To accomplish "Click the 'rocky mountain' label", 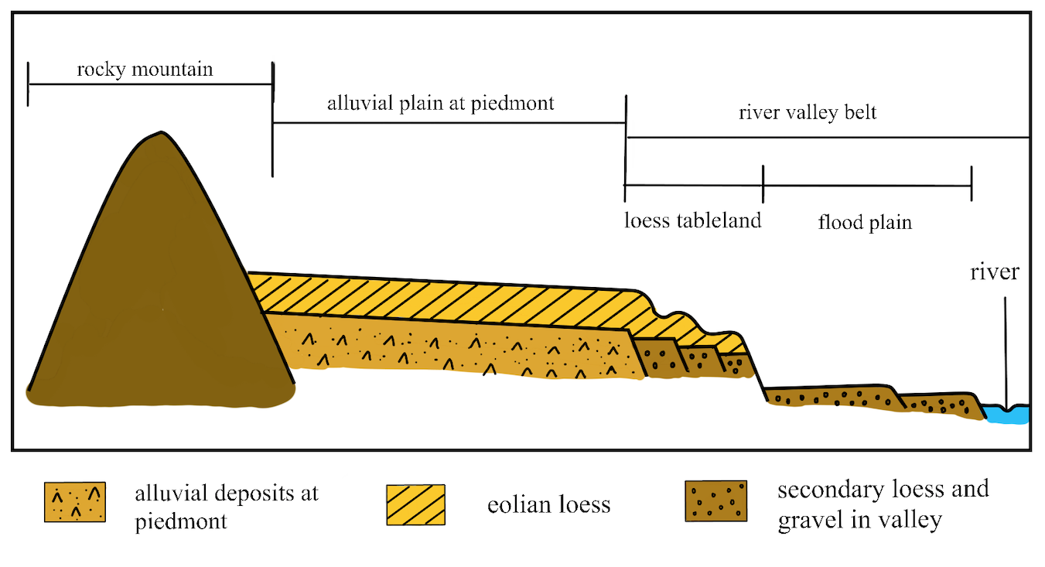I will click(145, 70).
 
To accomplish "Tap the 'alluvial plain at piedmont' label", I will click(440, 103).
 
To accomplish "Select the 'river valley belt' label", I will click(808, 113).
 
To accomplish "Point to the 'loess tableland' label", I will click(693, 220).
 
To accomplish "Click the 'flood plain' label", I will click(865, 223).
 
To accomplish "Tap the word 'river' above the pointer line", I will click(996, 272).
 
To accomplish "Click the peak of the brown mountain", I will click(159, 136).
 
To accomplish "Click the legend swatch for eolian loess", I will click(415, 504).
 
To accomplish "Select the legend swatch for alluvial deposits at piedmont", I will click(74, 502).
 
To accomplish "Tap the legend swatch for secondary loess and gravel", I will click(715, 501).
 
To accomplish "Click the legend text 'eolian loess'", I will click(548, 506).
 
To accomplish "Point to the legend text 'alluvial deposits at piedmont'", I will click(226, 506).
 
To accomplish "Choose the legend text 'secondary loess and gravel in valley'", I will click(883, 504).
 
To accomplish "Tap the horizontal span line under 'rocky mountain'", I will click(150, 84).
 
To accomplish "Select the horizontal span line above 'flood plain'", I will click(866, 185).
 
